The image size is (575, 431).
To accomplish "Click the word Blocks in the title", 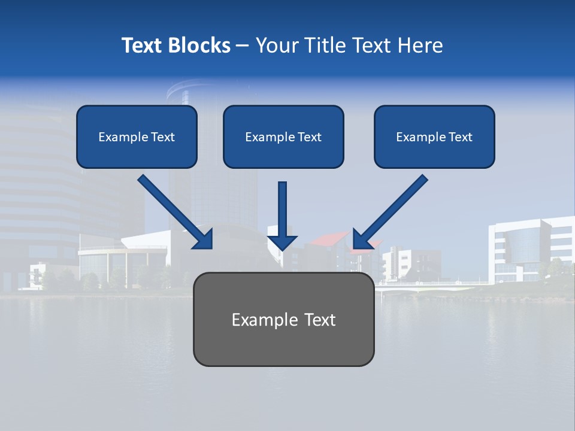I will pyautogui.click(x=199, y=45).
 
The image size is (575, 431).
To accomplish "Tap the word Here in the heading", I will pyautogui.click(x=422, y=45).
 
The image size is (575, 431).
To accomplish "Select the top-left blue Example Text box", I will pyautogui.click(x=137, y=137).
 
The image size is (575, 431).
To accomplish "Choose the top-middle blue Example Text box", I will pyautogui.click(x=283, y=137).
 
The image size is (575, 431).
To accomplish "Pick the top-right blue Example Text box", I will pyautogui.click(x=434, y=137).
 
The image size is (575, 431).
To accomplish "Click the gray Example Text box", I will pyautogui.click(x=283, y=319).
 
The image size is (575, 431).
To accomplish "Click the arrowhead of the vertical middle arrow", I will pyautogui.click(x=283, y=242).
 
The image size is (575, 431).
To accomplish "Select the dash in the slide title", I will pyautogui.click(x=243, y=45).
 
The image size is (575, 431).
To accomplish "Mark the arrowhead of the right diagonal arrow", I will pyautogui.click(x=361, y=240).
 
